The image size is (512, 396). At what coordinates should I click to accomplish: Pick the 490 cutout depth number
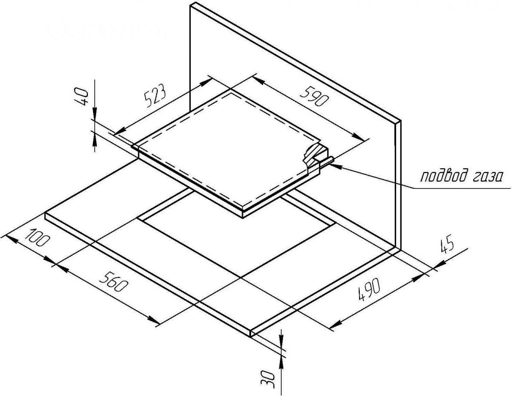[x=369, y=289]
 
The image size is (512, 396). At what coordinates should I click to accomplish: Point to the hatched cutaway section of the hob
[x=314, y=155]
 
